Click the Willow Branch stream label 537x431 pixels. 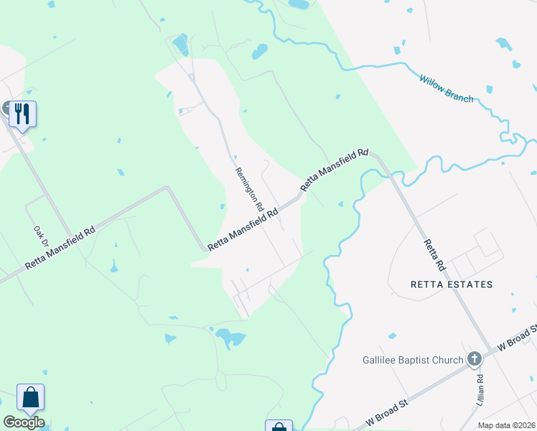click(x=447, y=88)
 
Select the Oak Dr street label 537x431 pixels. click(x=40, y=237)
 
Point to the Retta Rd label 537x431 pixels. click(x=435, y=254)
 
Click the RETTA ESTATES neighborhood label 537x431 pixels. click(x=451, y=284)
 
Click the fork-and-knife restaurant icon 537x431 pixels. click(x=23, y=113)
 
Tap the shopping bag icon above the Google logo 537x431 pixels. click(x=30, y=397)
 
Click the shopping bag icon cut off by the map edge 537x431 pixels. click(x=279, y=426)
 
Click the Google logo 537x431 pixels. click(x=24, y=422)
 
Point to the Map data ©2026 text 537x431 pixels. click(x=506, y=425)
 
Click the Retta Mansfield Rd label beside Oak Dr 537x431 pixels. click(x=61, y=249)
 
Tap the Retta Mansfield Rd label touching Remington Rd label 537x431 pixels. click(x=243, y=230)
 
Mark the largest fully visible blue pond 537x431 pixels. click(x=229, y=337)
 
